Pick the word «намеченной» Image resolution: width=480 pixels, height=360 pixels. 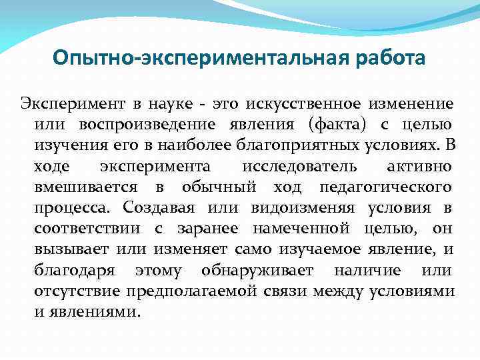tap(301, 229)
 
